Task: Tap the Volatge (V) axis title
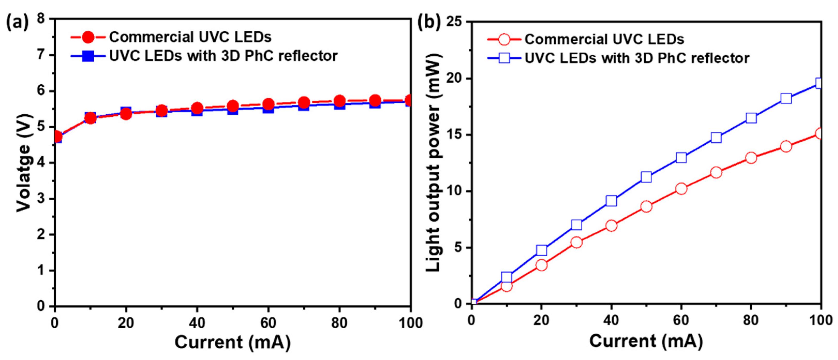coord(24,163)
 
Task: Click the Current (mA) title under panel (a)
coord(232,342)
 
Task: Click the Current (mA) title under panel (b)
coord(646,341)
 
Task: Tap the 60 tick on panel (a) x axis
coord(268,323)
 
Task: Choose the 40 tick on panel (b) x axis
coord(611,321)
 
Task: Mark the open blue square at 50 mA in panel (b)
coord(646,177)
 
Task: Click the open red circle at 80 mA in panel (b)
coord(751,158)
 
